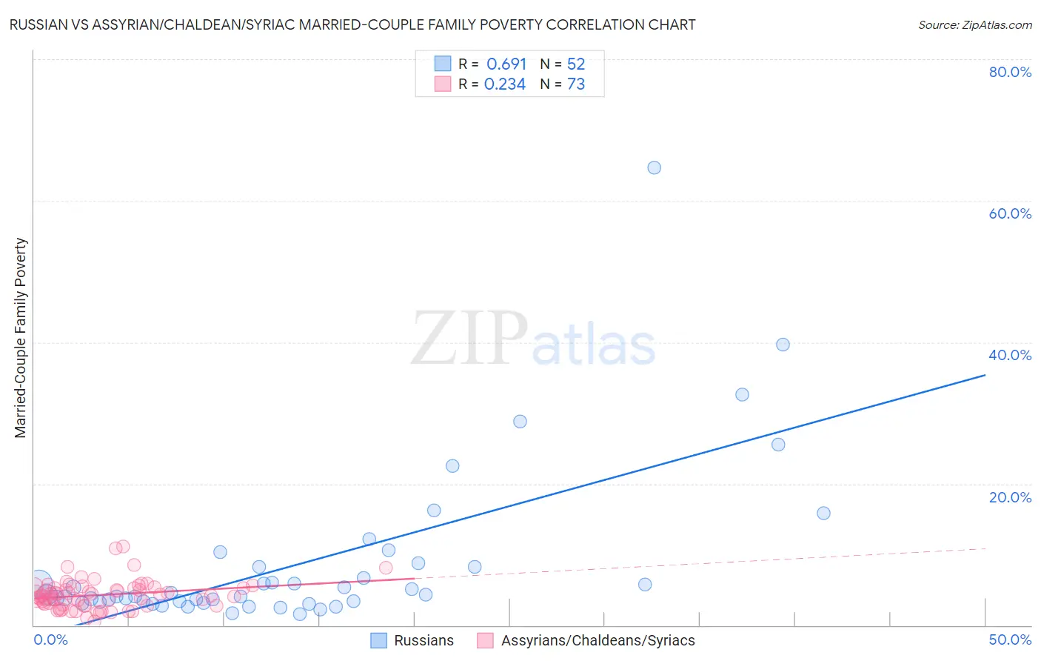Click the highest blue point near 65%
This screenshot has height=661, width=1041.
pos(654,167)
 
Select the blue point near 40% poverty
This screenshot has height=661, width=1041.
pos(783,345)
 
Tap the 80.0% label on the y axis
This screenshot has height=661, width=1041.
pos(1010,72)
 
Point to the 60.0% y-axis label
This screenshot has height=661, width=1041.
pos(1010,213)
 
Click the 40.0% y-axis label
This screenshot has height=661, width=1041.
pos(1010,355)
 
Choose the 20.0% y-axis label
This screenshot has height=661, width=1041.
pos(1010,497)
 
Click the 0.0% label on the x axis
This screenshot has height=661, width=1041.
pos(50,640)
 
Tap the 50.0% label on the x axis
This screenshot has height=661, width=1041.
pos(1010,640)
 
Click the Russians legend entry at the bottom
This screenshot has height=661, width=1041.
pos(424,640)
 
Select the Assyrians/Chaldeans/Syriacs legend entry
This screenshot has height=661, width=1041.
pos(598,640)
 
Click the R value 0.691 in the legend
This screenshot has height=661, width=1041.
pos(506,64)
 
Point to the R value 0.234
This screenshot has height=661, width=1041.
pos(505,84)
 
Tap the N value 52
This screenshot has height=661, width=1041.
pos(576,64)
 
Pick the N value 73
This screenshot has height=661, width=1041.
pos(576,84)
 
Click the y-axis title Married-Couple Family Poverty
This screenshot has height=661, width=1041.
pos(21,338)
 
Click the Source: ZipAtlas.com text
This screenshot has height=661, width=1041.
pos(974,25)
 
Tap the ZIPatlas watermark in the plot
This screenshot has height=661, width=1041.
pos(533,340)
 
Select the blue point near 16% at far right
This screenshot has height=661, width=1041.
pos(823,513)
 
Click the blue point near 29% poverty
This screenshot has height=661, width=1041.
pos(520,421)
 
